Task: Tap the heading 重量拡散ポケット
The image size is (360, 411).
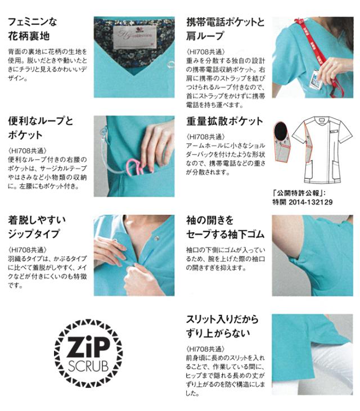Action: click(x=224, y=121)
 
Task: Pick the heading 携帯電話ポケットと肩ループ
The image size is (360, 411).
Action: click(x=225, y=30)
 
